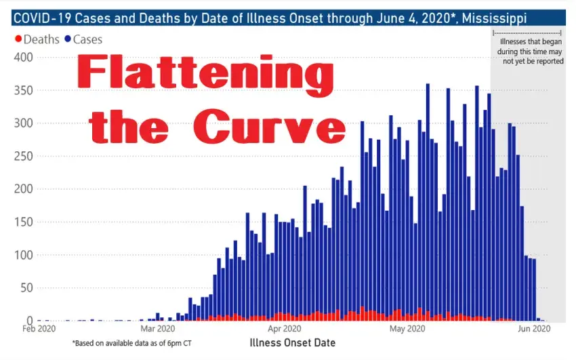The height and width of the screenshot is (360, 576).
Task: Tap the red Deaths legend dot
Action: pos(18,40)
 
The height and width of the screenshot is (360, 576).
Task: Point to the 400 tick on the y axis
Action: pos(23,58)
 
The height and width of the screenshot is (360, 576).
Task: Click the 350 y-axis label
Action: pos(23,91)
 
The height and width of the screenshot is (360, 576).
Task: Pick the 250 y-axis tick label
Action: pos(23,157)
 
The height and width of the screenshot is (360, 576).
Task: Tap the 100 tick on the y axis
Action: pos(23,255)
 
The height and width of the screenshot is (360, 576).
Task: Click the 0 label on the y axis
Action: pos(28,321)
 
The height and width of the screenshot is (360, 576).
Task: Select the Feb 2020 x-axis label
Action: pos(37,330)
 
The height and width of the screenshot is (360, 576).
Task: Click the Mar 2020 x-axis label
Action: pos(157,330)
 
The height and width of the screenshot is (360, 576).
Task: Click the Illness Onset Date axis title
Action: pos(291,342)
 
